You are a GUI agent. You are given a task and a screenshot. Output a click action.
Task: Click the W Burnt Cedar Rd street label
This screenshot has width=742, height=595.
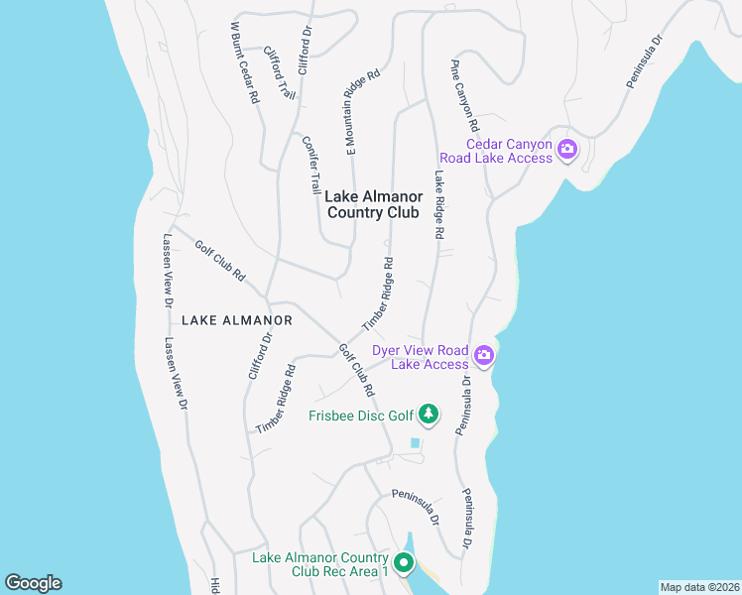tap(244, 62)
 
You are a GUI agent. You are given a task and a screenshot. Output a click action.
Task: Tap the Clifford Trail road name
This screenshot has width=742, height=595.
tap(280, 71)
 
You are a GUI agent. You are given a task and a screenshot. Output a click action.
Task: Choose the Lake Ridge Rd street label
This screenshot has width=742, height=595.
tap(436, 204)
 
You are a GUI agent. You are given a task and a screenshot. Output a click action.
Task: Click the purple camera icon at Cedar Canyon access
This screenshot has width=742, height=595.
tap(567, 151)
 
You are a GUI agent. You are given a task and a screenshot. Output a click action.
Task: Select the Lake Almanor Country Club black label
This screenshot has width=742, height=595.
tap(372, 204)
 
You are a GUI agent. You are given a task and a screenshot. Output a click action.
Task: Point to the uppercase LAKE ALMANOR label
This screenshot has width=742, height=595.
tap(236, 320)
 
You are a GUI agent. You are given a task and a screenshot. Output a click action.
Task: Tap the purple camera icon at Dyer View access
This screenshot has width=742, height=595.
tap(484, 355)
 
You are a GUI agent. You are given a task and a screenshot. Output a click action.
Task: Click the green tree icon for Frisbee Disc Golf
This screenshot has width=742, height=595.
tap(428, 413)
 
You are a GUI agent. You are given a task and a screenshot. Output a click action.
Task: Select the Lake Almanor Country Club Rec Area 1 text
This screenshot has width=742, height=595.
tap(319, 564)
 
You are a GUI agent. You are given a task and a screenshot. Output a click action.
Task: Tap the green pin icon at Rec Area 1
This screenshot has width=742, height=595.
tap(404, 563)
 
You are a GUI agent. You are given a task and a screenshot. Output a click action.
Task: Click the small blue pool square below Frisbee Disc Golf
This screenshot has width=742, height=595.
tap(416, 443)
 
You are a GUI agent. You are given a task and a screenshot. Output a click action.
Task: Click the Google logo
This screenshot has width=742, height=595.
tap(33, 583)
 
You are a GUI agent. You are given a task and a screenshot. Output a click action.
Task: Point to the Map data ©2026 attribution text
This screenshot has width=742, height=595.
tap(699, 587)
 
